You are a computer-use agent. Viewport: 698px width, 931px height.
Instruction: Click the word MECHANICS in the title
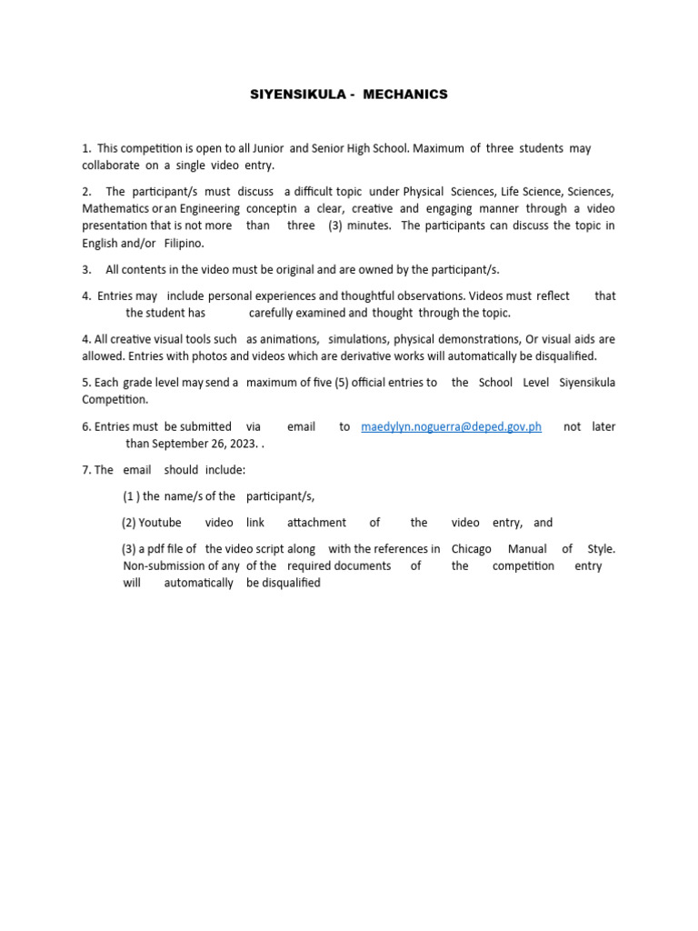405,95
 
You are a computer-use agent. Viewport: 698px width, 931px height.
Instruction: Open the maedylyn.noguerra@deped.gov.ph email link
451,426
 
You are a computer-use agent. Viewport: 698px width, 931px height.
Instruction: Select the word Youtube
160,523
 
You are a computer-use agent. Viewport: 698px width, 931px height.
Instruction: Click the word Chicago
471,549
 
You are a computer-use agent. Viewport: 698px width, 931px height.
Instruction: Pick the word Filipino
184,244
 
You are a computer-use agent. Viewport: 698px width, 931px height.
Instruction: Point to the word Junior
264,148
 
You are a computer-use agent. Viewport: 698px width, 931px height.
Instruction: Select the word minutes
368,226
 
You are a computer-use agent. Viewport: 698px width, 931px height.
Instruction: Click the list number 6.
85,426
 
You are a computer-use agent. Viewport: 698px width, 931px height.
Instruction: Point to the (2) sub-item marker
129,523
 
